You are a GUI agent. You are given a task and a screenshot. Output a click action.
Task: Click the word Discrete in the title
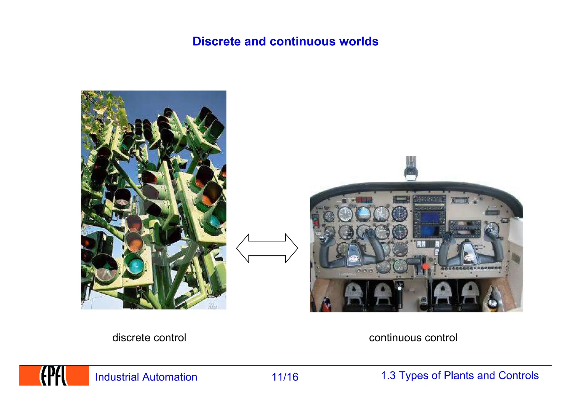[217, 41]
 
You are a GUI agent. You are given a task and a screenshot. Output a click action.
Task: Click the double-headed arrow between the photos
[267, 248]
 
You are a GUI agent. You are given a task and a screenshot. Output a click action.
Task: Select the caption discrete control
[149, 338]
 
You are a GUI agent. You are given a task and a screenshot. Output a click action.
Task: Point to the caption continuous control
[413, 338]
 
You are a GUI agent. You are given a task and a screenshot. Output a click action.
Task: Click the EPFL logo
[54, 376]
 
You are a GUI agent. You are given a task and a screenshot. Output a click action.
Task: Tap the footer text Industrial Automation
[146, 377]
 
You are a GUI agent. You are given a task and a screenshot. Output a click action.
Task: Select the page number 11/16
[285, 377]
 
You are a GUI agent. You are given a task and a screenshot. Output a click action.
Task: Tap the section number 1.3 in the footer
[388, 375]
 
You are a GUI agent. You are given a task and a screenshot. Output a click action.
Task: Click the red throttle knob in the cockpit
[425, 266]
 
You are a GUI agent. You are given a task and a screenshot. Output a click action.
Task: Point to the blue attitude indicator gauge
[363, 214]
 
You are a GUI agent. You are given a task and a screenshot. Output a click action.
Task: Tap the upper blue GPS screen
[430, 217]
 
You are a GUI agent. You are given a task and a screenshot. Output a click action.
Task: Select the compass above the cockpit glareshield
[411, 172]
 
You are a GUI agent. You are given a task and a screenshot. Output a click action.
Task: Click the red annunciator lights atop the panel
[364, 199]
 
